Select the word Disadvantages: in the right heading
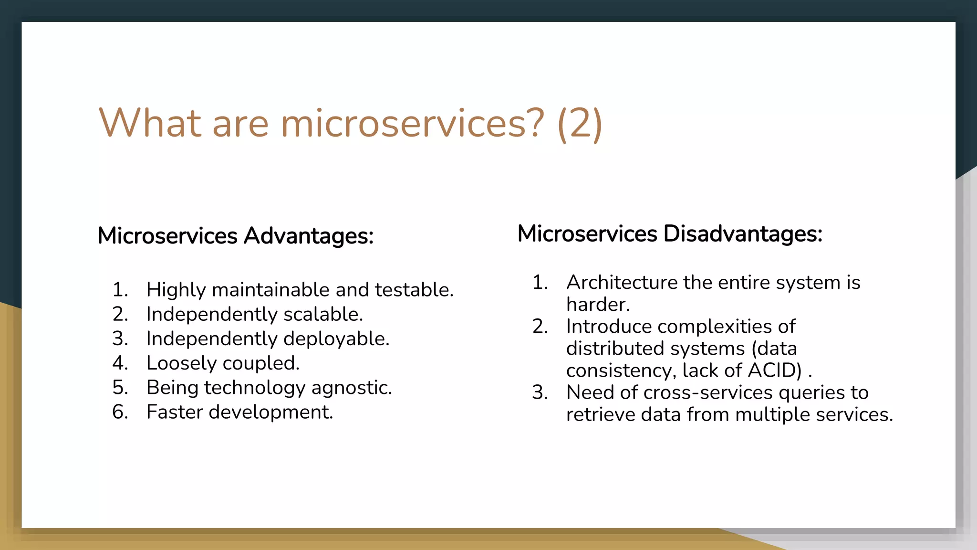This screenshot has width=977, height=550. point(743,234)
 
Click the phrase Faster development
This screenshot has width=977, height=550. point(239,412)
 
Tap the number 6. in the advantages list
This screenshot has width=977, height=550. point(120,412)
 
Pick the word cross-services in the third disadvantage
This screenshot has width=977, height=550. point(707,392)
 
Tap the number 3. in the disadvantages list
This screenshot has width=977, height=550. point(540,392)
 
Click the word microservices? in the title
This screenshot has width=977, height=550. point(412,123)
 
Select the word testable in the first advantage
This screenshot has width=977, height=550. point(414,290)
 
